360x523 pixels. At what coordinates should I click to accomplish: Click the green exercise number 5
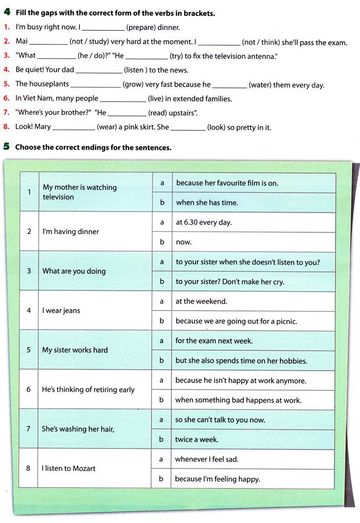(6, 147)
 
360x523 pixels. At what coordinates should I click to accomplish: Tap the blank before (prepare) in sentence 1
(103, 28)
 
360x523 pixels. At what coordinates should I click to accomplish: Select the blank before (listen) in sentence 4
(99, 71)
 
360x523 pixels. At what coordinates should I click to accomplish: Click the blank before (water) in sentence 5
(229, 85)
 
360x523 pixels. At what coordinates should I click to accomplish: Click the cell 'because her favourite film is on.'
(227, 183)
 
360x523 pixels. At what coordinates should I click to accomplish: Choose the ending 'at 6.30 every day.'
(204, 222)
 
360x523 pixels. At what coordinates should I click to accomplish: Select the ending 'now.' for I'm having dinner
(184, 242)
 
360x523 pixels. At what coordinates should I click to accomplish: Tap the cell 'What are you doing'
(74, 271)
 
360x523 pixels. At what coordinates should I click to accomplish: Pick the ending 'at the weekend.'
(201, 301)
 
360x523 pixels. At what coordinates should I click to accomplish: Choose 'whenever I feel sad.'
(207, 459)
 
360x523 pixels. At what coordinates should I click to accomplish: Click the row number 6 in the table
(29, 390)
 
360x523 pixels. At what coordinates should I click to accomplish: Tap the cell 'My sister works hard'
(75, 350)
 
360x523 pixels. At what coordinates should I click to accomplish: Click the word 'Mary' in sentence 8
(43, 127)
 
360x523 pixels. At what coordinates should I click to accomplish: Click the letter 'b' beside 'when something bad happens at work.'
(161, 400)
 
